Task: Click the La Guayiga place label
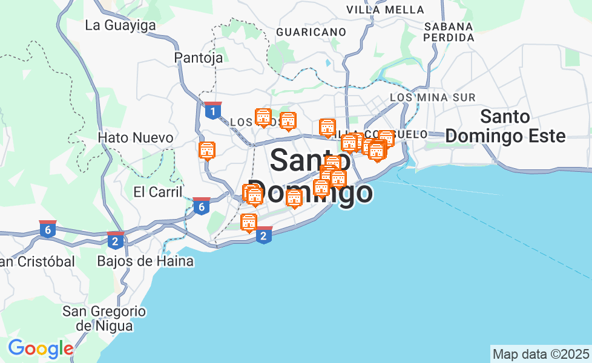(120, 25)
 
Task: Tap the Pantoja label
(199, 57)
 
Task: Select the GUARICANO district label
(311, 31)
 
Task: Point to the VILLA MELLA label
(385, 10)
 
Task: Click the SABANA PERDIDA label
(449, 32)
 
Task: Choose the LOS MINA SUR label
(433, 97)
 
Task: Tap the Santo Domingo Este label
(505, 126)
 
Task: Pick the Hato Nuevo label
(136, 138)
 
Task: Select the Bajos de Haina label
(145, 261)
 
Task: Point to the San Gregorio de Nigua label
(105, 318)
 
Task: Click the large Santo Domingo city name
(310, 176)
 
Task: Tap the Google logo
(41, 348)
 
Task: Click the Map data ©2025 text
(541, 353)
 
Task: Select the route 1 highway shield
(212, 111)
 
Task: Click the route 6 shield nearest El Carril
(202, 206)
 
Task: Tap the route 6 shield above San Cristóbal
(48, 229)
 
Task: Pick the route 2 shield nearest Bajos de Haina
(116, 240)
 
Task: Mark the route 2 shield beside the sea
(263, 235)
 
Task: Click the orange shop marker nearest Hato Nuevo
(207, 150)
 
